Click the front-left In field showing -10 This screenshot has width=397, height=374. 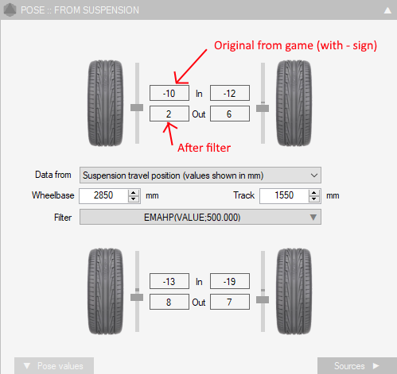pos(169,93)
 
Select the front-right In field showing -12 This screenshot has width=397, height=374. pos(230,93)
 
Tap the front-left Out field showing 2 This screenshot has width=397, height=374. pos(169,114)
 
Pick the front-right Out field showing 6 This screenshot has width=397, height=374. pos(230,114)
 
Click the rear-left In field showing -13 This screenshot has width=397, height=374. pos(169,281)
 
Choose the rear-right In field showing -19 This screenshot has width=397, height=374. pos(230,281)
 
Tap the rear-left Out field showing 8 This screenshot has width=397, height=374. pos(169,302)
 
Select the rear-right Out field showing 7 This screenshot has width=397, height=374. pos(230,302)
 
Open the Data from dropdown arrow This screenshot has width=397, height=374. pos(314,175)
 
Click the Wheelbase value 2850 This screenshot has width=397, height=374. pos(103,195)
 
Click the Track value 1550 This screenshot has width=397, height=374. pos(284,195)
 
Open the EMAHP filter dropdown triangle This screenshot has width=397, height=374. pos(313,218)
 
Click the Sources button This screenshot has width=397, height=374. pos(357,366)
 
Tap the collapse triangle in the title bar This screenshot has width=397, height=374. pos(387,10)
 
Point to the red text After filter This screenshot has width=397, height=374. pos(204,148)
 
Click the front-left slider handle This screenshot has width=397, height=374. pos(137,107)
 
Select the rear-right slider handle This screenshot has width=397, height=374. pos(263,299)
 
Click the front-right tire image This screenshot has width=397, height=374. pos(294,103)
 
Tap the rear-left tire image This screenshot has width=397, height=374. pos(105,291)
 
